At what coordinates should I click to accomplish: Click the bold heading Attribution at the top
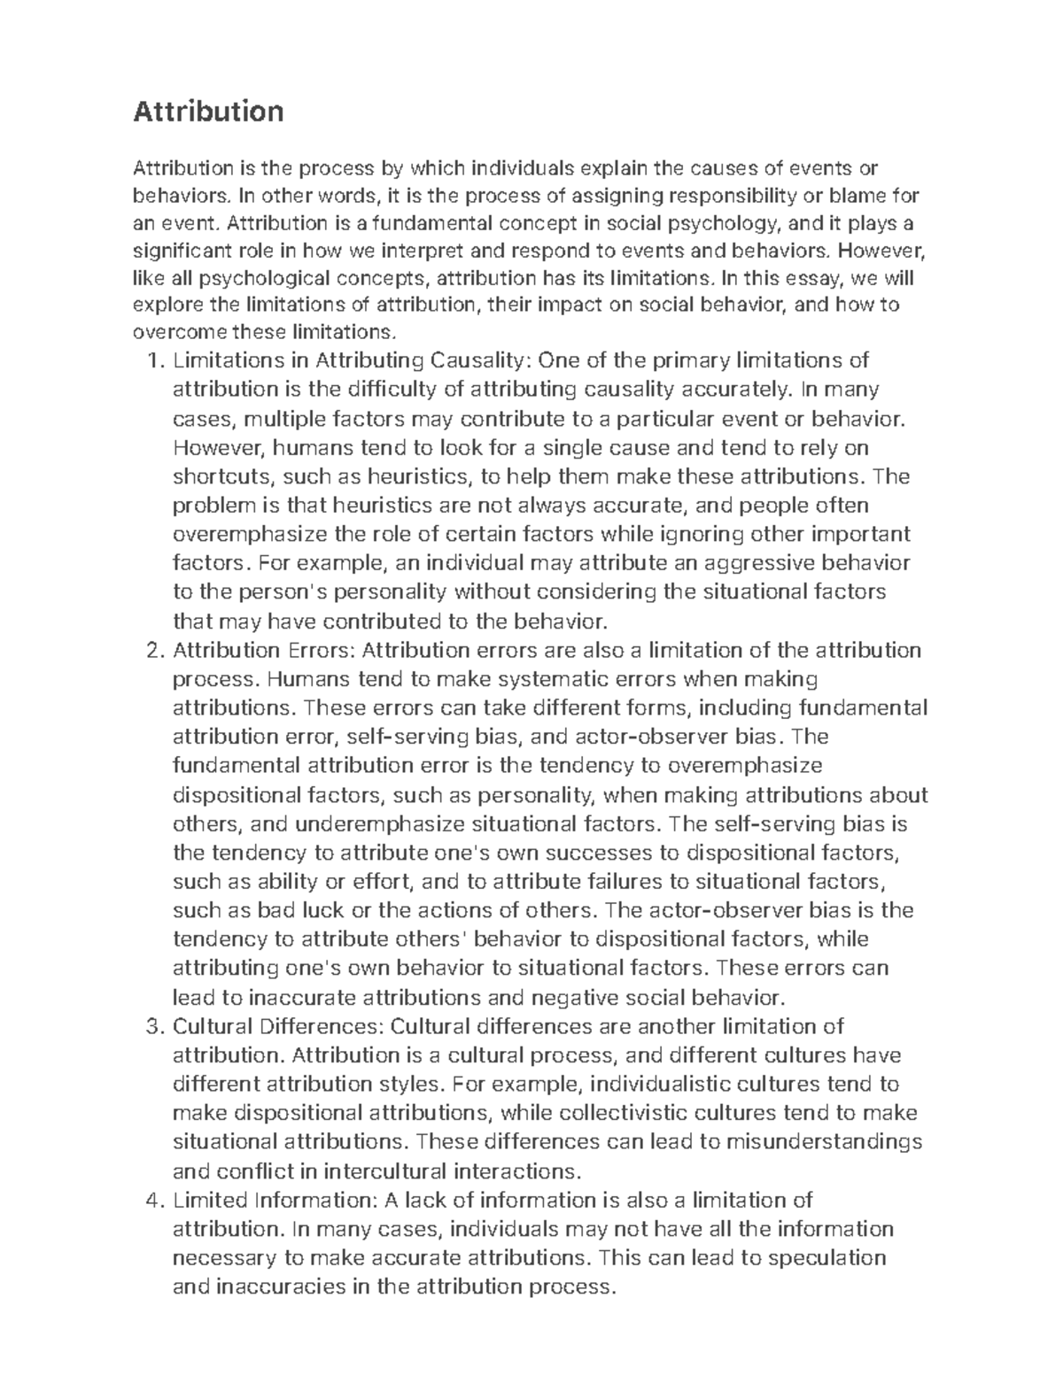[x=208, y=112]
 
